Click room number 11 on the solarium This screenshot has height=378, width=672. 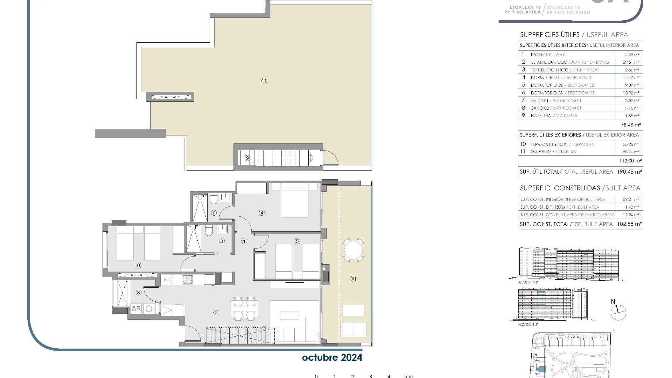pos(264,81)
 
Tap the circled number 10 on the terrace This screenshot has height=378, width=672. pos(353,279)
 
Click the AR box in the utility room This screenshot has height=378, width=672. pos(136,308)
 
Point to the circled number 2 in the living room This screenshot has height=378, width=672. pos(216,312)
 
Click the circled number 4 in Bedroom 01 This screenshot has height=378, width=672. pos(262,212)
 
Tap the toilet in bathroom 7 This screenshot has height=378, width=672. pos(213,200)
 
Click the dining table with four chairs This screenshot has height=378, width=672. pos(244,308)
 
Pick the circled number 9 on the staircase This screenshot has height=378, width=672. pos(247,158)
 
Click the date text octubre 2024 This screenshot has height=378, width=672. pos(332,357)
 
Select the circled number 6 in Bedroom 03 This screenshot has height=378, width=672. pos(138,265)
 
